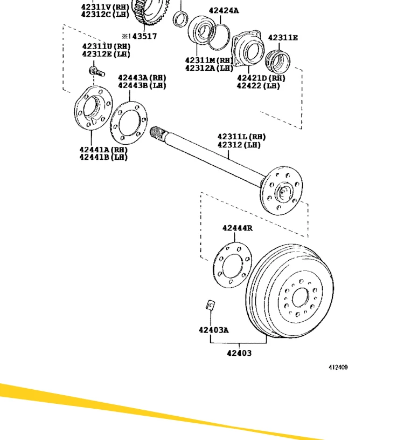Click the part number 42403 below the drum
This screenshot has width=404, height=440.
(x=239, y=353)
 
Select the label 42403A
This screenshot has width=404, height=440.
(x=213, y=330)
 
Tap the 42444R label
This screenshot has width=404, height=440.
(x=237, y=228)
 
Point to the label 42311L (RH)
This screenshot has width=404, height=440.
(x=241, y=137)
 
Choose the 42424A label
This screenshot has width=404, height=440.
(x=224, y=10)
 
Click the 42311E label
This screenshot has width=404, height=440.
(x=283, y=37)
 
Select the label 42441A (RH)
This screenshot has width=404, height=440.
(x=103, y=150)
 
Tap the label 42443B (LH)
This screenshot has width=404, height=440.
(x=142, y=85)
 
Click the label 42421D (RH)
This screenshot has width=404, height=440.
(x=261, y=78)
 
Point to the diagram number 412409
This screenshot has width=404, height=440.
(x=338, y=368)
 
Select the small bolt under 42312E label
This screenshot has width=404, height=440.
(x=94, y=71)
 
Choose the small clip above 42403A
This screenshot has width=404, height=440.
(x=210, y=305)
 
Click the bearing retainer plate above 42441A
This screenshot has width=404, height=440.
(x=92, y=109)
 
